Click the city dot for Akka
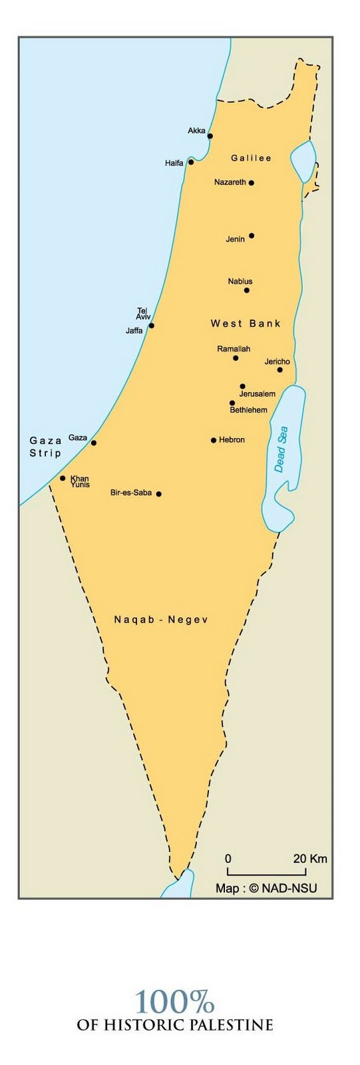coord(210,136)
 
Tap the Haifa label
coord(174,163)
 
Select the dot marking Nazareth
coord(251,182)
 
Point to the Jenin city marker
coord(251,236)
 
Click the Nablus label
coord(240,282)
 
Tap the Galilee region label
coord(251,158)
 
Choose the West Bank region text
coord(246,323)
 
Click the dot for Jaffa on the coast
coord(152,325)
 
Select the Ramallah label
coord(234,349)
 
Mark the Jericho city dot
coord(279,369)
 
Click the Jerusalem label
coord(257,394)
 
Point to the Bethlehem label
coord(248,410)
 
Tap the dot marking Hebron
coord(214,440)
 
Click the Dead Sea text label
coord(281,449)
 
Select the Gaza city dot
coord(94,443)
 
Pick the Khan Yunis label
coord(80,481)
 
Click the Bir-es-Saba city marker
coord(158,494)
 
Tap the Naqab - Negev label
coord(161,620)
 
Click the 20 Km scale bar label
coord(310,859)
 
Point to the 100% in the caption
coord(174,1002)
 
